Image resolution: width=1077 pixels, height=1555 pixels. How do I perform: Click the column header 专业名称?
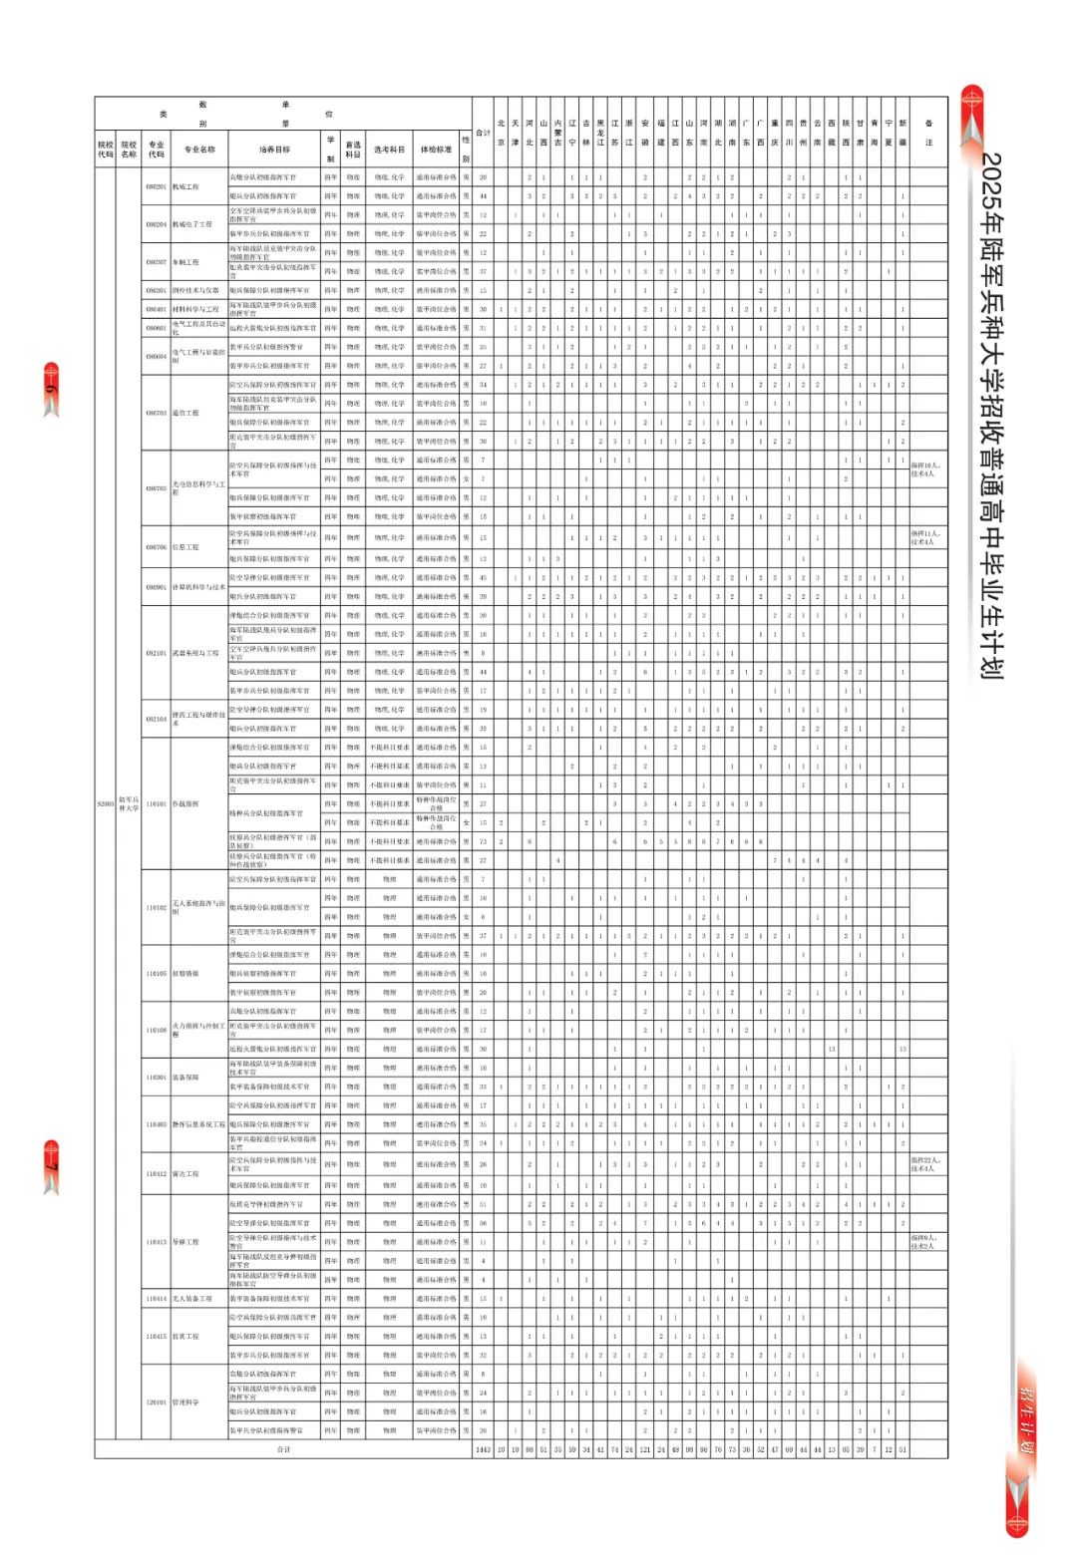point(199,150)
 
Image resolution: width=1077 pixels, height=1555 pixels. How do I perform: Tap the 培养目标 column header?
point(274,150)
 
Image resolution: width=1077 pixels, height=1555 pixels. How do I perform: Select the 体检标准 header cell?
point(436,150)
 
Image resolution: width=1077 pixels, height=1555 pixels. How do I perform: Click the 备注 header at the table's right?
point(928,133)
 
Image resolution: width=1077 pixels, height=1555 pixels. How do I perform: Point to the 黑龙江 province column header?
point(600,133)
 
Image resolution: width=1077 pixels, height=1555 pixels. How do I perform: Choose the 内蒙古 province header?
point(558,133)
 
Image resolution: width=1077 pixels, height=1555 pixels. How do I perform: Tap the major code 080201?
point(157,187)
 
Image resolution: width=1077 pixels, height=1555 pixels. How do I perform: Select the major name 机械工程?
point(186,187)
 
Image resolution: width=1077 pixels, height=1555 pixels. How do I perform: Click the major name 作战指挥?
point(186,804)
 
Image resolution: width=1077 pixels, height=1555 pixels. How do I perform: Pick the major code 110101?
point(157,804)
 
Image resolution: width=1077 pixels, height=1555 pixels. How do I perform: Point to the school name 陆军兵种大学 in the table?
point(130,804)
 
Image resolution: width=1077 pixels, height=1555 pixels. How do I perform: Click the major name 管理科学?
point(186,1402)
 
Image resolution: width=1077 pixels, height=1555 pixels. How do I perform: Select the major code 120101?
point(157,1402)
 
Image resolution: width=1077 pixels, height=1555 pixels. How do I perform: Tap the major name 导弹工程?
point(186,1242)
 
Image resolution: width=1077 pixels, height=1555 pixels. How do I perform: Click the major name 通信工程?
point(186,413)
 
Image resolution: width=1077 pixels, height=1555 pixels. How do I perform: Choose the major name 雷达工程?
point(186,1174)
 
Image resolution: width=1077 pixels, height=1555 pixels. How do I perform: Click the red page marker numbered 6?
point(51,389)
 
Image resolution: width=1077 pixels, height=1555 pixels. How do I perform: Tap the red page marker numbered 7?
point(51,1166)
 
